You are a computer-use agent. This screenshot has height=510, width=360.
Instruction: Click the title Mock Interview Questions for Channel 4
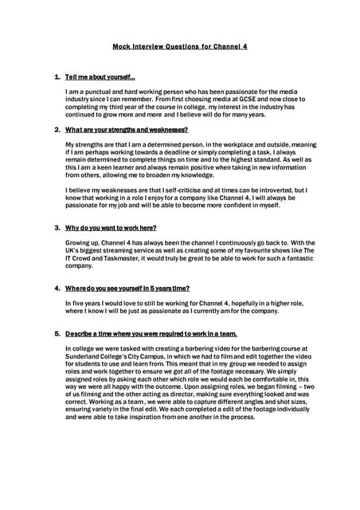coord(180,46)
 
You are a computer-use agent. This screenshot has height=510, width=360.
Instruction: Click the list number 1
coord(56,77)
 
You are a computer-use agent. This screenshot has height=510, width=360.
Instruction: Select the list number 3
coord(56,228)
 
